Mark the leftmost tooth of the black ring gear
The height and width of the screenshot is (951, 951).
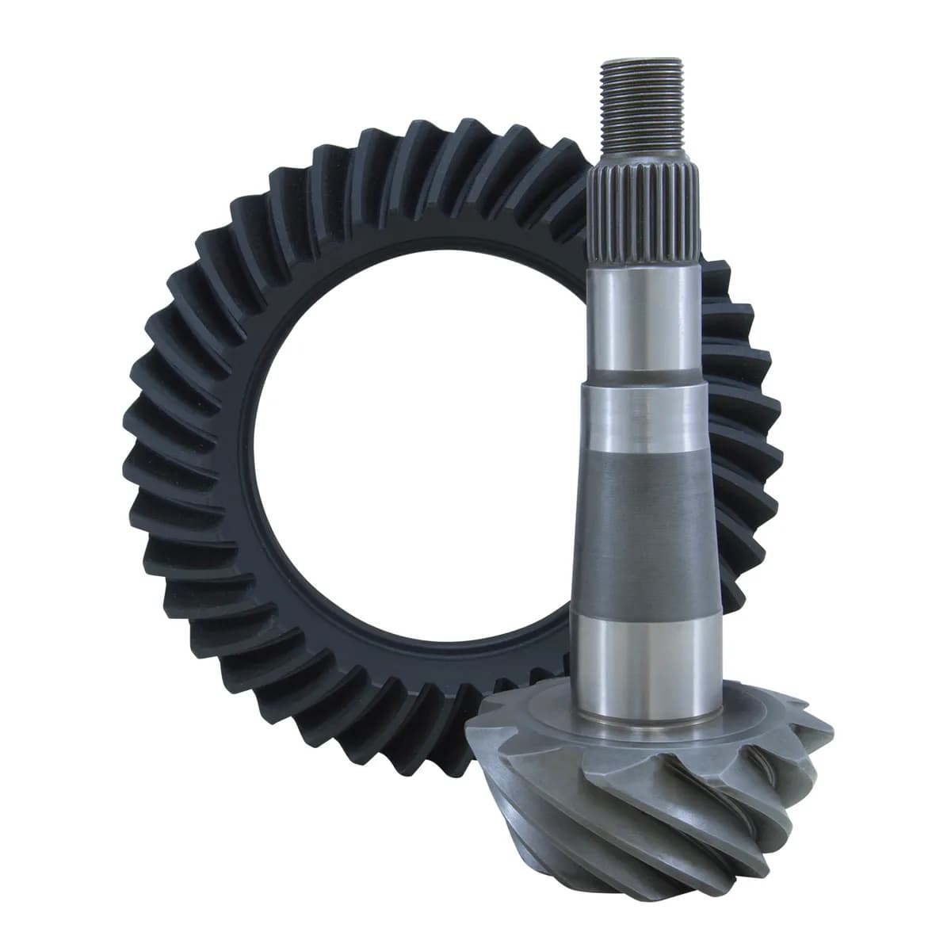(135, 444)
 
